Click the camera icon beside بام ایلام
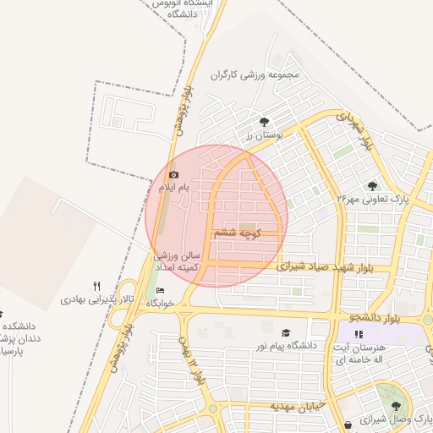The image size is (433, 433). coord(173,174)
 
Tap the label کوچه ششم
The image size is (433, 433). coord(236,232)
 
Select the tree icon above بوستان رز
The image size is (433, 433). coord(265,122)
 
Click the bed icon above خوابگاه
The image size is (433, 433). coord(161,291)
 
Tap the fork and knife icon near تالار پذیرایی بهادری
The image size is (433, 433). coord(97,287)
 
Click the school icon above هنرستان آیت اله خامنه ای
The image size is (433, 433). coord(359,335)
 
